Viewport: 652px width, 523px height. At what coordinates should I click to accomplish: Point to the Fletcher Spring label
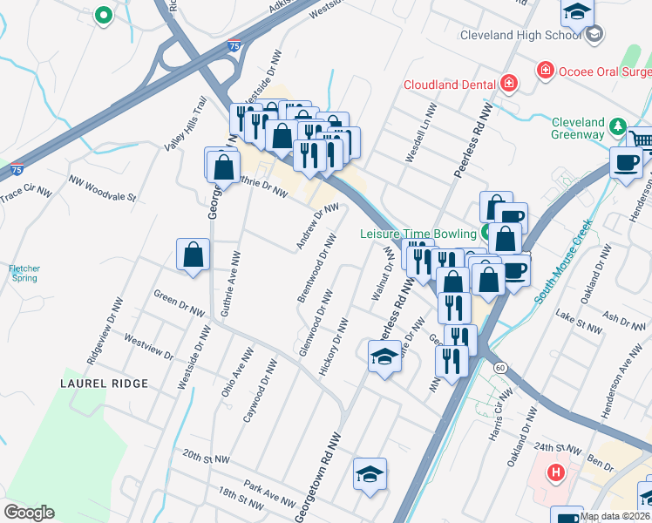(24, 273)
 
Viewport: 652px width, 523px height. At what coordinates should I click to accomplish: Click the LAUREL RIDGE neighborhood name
(104, 384)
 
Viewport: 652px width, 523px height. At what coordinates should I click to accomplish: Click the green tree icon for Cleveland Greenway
(619, 127)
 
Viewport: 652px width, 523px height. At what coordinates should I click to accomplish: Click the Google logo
(29, 513)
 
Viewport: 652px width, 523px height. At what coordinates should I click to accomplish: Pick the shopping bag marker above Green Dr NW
(193, 255)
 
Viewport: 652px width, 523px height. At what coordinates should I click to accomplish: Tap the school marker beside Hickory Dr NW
(384, 357)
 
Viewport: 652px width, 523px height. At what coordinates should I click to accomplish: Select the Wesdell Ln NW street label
(419, 135)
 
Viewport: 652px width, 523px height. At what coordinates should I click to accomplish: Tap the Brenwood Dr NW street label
(316, 268)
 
